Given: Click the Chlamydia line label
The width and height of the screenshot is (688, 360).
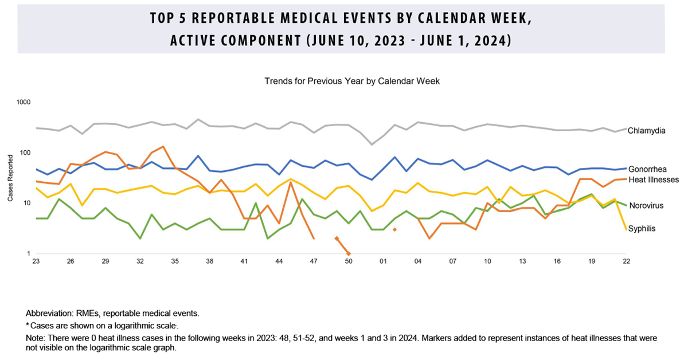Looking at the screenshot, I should pyautogui.click(x=646, y=131).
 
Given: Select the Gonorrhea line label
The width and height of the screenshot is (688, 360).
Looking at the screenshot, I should pyautogui.click(x=647, y=170).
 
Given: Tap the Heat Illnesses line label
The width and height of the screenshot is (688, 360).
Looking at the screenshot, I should pyautogui.click(x=653, y=180).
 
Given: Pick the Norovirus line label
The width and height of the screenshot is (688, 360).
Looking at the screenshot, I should pyautogui.click(x=646, y=206).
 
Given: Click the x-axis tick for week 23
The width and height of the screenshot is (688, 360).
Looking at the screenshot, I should pyautogui.click(x=37, y=261).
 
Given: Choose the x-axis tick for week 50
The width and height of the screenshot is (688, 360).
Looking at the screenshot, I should pyautogui.click(x=348, y=261).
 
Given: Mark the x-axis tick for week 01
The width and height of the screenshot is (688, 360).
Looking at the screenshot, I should pyautogui.click(x=383, y=261).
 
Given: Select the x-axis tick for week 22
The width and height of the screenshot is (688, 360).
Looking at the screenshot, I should pyautogui.click(x=626, y=261).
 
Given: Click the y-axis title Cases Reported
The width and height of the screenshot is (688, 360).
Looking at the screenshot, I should pyautogui.click(x=11, y=178).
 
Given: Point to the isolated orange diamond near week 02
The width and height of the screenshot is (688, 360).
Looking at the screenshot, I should pyautogui.click(x=394, y=229).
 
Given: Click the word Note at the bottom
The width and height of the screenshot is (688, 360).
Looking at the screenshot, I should pyautogui.click(x=34, y=338).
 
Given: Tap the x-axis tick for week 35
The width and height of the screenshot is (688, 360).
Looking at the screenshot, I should pyautogui.click(x=175, y=261).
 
